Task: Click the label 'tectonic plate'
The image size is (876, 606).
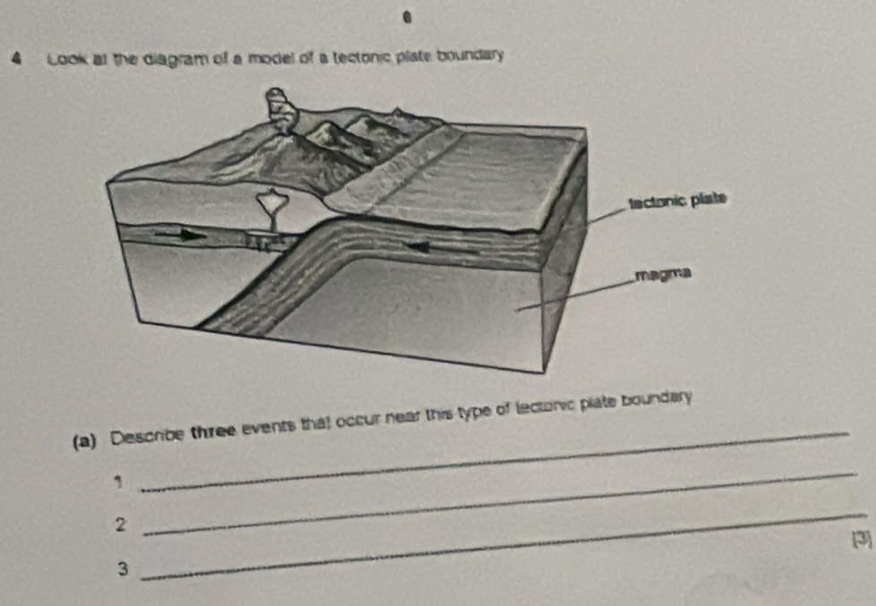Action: point(677,201)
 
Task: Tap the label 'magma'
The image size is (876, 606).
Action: point(663,274)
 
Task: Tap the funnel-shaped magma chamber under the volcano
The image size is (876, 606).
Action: point(271,209)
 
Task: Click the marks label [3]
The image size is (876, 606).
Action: point(862,540)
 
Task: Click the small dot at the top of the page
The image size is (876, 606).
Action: point(407,19)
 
